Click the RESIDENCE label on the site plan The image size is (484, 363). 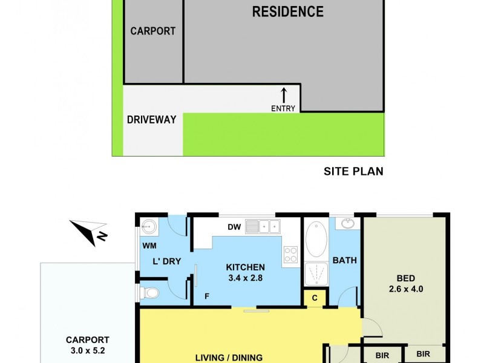tap(287, 11)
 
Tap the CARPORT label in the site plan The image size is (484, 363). tap(152, 31)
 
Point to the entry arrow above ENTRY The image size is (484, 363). tap(284, 95)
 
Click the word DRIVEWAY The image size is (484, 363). tap(151, 120)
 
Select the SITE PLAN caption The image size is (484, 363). tap(353, 171)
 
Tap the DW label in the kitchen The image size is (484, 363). tap(234, 227)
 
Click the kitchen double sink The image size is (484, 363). tap(261, 227)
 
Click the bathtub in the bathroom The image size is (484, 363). tap(315, 240)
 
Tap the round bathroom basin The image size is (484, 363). tap(348, 224)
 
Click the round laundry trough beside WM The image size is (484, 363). tap(148, 227)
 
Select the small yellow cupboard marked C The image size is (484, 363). tap(314, 298)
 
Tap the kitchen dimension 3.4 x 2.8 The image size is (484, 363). tap(245, 278)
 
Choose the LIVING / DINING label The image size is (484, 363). tap(229, 358)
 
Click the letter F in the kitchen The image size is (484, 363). tap(207, 297)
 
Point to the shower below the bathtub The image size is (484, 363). tap(315, 272)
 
